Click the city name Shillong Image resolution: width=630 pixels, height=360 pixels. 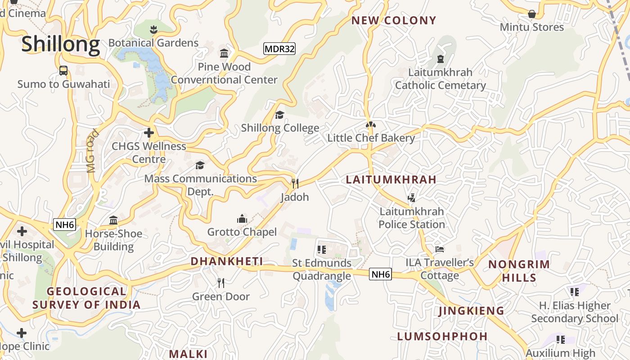click(x=60, y=45)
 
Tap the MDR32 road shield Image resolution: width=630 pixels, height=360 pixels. click(x=279, y=49)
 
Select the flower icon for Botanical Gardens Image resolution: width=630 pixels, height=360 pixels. click(x=153, y=30)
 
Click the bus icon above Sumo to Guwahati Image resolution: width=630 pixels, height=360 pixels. click(x=63, y=71)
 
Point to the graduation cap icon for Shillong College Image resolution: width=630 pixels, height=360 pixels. click(x=279, y=115)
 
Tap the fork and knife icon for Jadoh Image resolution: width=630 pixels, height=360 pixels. click(x=295, y=183)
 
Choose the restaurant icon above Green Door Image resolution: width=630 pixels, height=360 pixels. click(x=220, y=283)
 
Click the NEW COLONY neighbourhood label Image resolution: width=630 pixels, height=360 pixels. click(x=394, y=20)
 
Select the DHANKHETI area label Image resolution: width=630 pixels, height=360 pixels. click(x=226, y=261)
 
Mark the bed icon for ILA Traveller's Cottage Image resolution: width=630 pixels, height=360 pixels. click(x=440, y=249)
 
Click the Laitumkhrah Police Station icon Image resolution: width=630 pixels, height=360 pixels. click(x=411, y=198)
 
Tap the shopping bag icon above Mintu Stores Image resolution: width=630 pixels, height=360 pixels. click(x=531, y=14)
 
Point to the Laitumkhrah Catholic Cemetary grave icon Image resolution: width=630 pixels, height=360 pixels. click(x=440, y=59)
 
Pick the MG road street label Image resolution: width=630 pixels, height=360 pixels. click(x=92, y=151)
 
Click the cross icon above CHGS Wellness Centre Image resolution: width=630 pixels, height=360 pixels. click(x=148, y=133)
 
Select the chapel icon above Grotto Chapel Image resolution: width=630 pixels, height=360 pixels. click(x=242, y=219)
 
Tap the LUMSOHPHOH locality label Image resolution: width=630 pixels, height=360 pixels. click(x=442, y=336)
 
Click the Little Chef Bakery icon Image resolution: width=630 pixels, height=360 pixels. click(x=371, y=125)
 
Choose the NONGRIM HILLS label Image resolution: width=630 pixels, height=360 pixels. click(x=519, y=271)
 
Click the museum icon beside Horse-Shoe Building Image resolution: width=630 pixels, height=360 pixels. click(x=113, y=220)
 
